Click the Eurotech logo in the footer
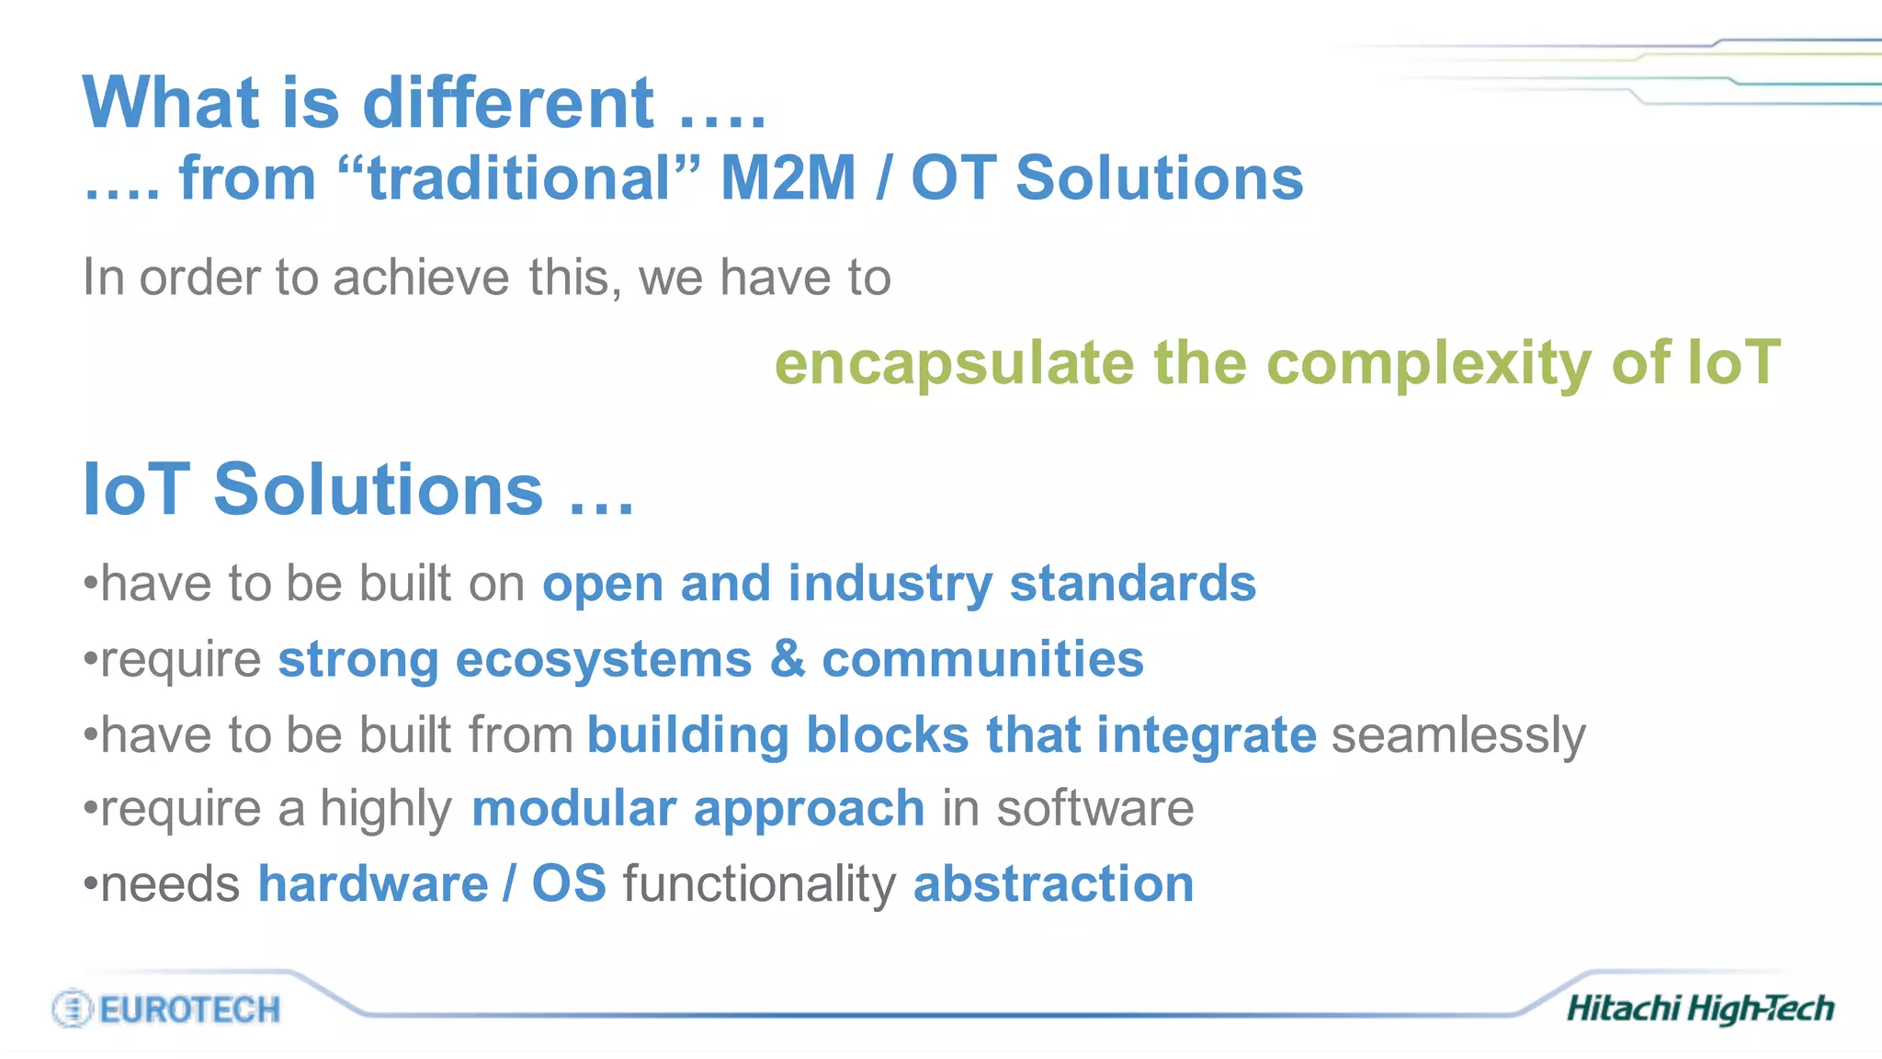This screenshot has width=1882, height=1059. pyautogui.click(x=166, y=1008)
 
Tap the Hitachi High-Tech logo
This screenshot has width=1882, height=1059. pyautogui.click(x=1700, y=1008)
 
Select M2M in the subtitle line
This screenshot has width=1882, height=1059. pyautogui.click(x=788, y=177)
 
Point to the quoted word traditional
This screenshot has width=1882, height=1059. pyautogui.click(x=519, y=177)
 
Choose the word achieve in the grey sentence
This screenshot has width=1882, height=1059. pyautogui.click(x=421, y=277)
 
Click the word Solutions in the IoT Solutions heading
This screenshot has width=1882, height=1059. pyautogui.click(x=378, y=489)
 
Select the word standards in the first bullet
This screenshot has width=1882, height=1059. pyautogui.click(x=1132, y=584)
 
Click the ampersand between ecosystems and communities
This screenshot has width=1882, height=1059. pyautogui.click(x=788, y=659)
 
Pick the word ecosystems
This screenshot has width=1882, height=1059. pyautogui.click(x=604, y=660)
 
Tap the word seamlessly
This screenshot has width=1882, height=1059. pyautogui.click(x=1458, y=735)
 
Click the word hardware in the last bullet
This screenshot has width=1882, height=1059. pyautogui.click(x=372, y=884)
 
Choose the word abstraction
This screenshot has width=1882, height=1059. pyautogui.click(x=1053, y=884)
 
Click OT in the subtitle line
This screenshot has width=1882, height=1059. pyautogui.click(x=953, y=177)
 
